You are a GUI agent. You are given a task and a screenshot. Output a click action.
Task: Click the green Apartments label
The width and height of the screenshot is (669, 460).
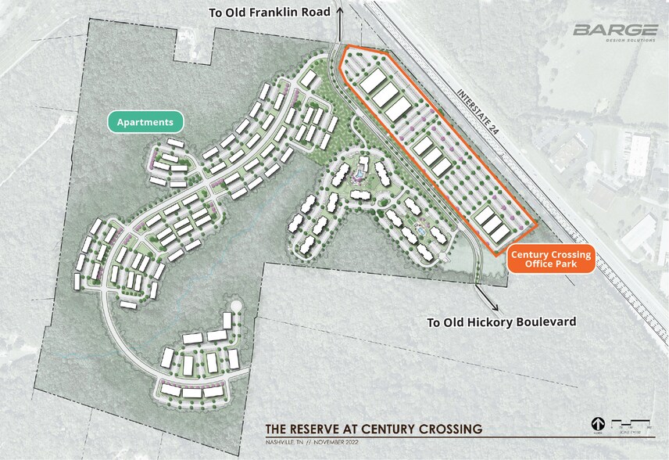[x=145, y=122]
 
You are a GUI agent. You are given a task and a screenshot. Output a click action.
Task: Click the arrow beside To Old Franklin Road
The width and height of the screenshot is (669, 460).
[x=338, y=13]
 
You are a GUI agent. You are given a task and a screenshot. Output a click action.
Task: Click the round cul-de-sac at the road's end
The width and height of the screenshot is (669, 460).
[x=234, y=307]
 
